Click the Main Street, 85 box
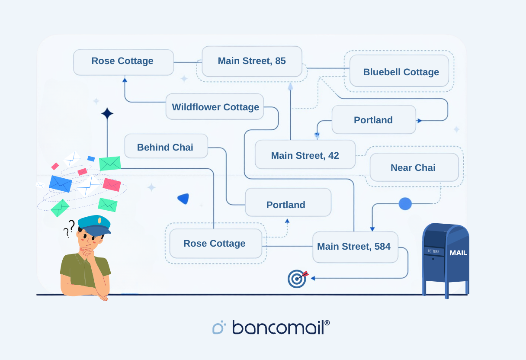[252, 61]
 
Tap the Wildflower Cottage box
[215, 107]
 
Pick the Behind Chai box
[166, 147]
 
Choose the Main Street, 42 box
[305, 155]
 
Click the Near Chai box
[414, 167]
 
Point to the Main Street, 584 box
[355, 247]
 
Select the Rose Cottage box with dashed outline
[215, 243]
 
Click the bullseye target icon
[297, 279]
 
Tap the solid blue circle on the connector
[405, 204]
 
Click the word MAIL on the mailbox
[458, 253]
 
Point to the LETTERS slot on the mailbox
[433, 251]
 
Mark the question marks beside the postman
[69, 228]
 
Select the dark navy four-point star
[107, 114]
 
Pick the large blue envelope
[61, 184]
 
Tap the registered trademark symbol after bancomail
[327, 323]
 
